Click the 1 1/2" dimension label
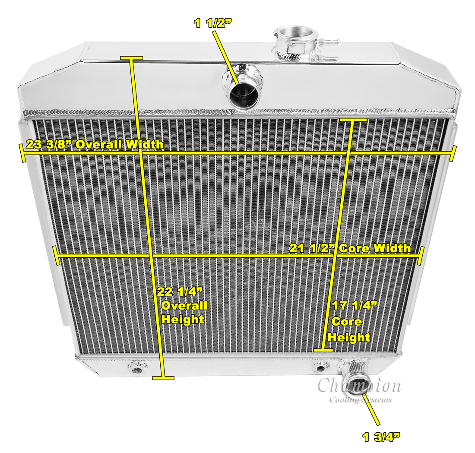[212, 23]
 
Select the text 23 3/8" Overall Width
[95, 144]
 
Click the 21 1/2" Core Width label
[350, 248]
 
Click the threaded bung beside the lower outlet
[320, 367]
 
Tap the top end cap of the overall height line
[131, 57]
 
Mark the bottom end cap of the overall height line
[164, 378]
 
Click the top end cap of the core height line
[353, 120]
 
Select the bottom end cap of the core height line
[323, 349]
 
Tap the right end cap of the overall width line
[453, 153]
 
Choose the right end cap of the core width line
[420, 256]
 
